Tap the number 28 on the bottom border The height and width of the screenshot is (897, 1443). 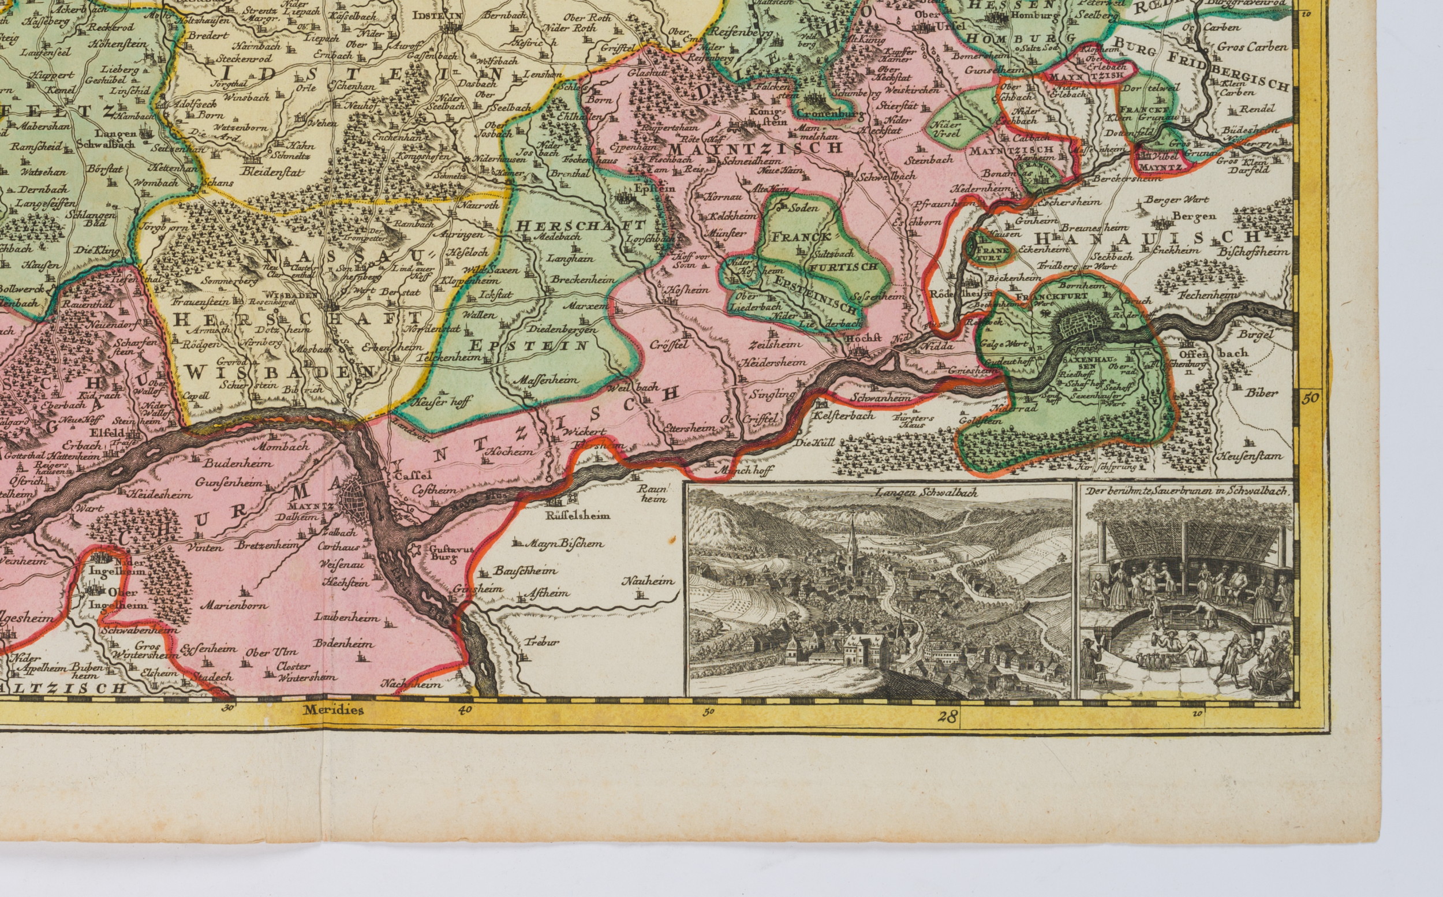948,717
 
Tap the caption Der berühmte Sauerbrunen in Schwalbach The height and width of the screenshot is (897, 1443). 1184,491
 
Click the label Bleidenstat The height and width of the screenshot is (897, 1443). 272,172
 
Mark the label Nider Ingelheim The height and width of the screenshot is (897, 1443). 108,568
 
